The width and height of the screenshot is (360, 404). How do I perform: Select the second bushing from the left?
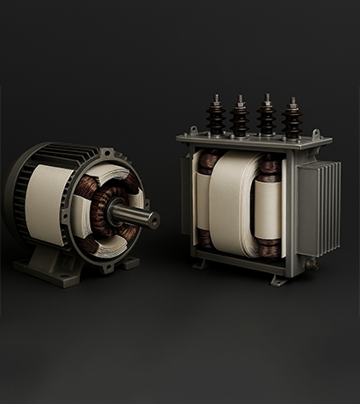tap(240, 113)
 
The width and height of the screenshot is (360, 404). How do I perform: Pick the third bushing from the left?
tap(265, 114)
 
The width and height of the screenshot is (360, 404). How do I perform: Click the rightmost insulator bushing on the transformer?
tap(291, 117)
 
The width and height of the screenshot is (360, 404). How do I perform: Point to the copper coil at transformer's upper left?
tap(209, 162)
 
